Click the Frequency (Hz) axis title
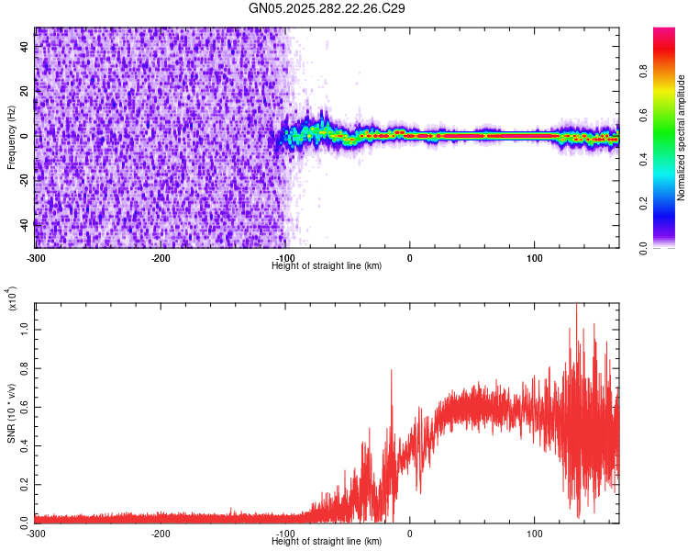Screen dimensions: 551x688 11,138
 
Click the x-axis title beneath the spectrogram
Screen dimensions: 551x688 327,265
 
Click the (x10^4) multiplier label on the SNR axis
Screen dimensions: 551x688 11,298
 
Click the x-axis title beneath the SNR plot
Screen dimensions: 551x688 327,541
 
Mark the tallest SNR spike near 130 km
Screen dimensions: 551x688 576,305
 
